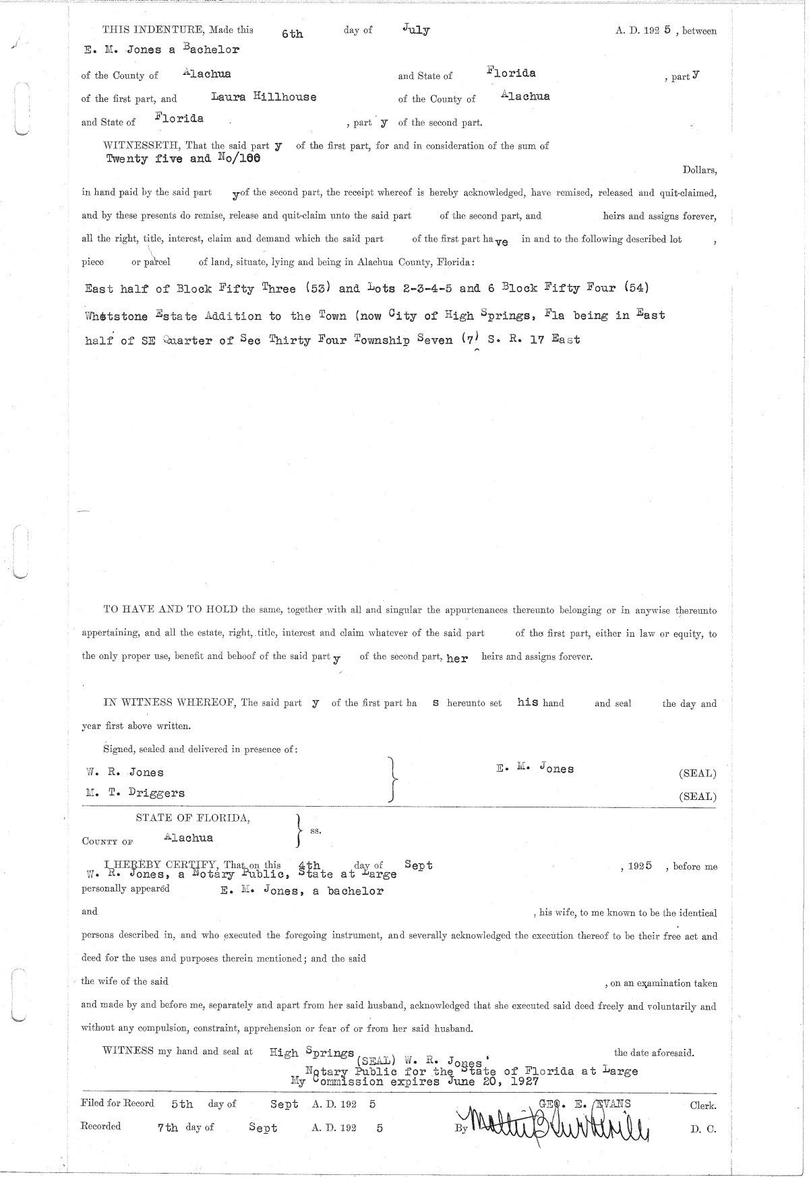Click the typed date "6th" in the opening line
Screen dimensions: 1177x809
click(x=293, y=34)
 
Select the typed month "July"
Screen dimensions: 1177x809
click(x=415, y=30)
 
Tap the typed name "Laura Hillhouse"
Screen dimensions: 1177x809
click(x=264, y=96)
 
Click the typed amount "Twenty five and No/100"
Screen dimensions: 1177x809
click(x=183, y=159)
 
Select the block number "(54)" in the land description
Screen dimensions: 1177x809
click(x=636, y=288)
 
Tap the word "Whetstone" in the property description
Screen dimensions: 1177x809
click(x=117, y=316)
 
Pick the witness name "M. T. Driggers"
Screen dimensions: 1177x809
click(x=135, y=793)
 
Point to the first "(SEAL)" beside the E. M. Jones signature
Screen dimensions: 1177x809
click(x=697, y=774)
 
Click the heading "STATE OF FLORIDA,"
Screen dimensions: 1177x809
click(x=193, y=818)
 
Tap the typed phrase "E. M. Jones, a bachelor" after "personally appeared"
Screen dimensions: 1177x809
click(x=302, y=891)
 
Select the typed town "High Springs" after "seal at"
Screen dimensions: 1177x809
click(x=311, y=1052)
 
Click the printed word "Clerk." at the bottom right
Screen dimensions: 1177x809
click(x=702, y=1106)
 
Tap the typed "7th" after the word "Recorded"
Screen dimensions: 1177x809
click(x=167, y=1128)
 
